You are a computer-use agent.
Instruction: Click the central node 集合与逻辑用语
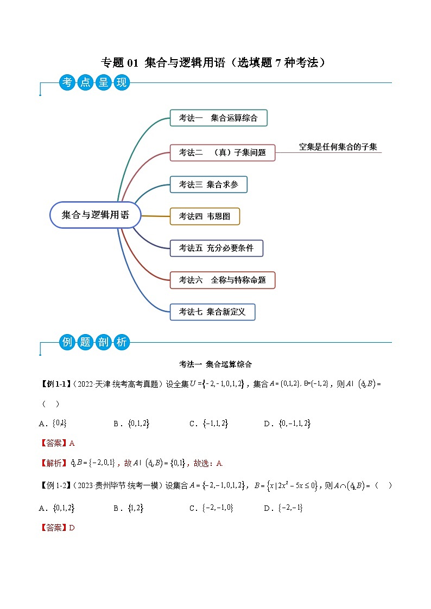coord(96,215)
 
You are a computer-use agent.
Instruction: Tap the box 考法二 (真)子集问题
coord(223,152)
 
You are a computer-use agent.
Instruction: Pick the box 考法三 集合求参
coord(208,184)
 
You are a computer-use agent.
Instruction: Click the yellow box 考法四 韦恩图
coord(205,216)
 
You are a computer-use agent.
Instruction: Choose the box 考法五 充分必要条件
coord(216,248)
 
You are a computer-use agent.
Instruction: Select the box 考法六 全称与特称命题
coord(222,280)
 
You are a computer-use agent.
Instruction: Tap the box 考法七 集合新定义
coord(212,312)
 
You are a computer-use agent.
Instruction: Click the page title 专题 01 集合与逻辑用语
coord(215,63)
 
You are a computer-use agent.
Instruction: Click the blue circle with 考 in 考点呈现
coord(67,82)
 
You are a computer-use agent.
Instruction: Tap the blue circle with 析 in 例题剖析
coord(121,342)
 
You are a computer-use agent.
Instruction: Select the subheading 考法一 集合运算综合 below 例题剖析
coord(215,364)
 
